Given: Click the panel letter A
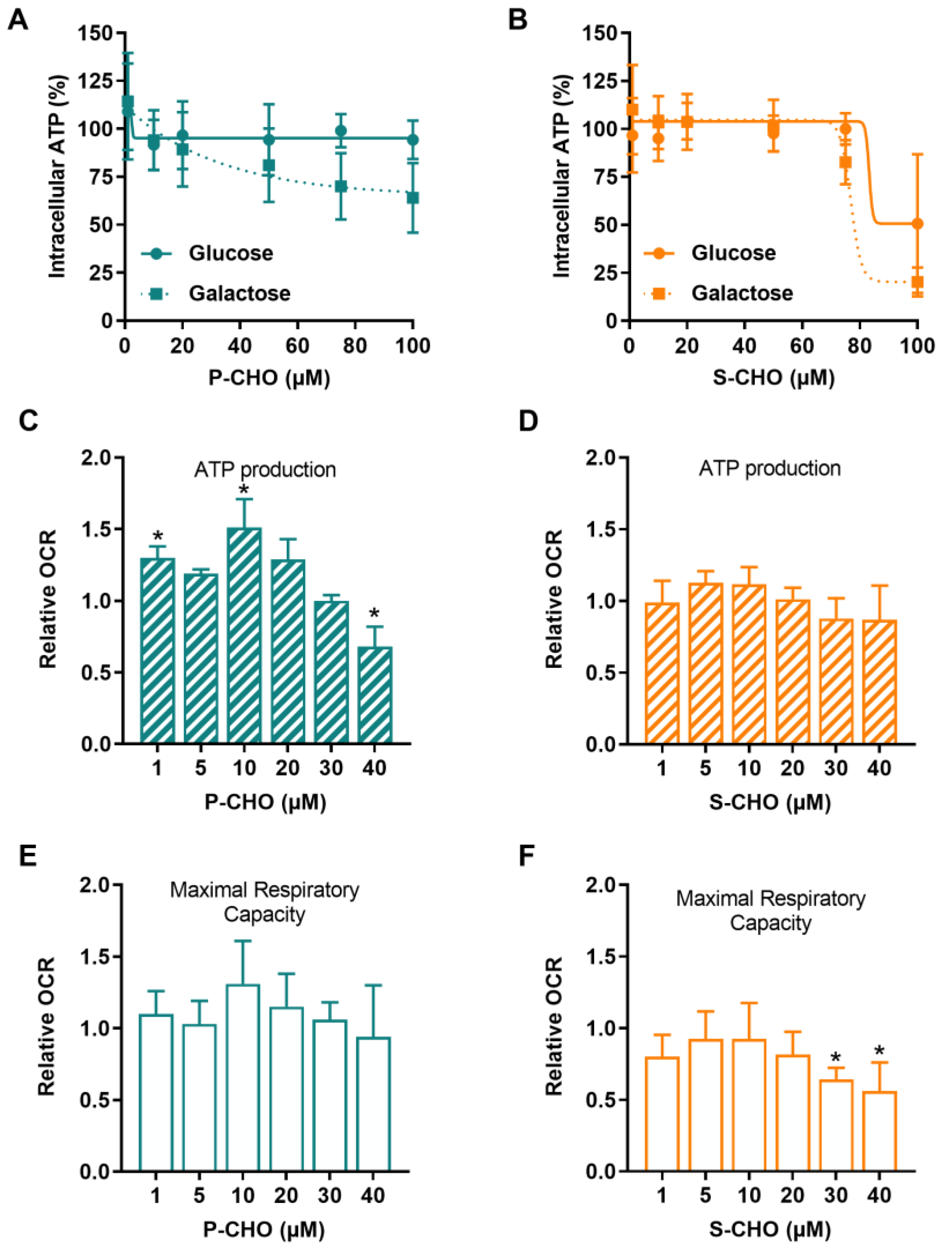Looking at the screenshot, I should pos(18,20).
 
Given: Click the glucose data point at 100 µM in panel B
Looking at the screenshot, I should pos(917,224).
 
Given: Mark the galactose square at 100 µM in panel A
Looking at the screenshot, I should pos(413,198).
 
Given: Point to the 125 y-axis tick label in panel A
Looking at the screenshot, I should pos(95,81).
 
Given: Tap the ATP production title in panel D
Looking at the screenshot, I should pos(769,469).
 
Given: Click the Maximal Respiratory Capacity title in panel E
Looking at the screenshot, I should pos(264,902).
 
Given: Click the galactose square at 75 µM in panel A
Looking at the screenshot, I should pos(341,186).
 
